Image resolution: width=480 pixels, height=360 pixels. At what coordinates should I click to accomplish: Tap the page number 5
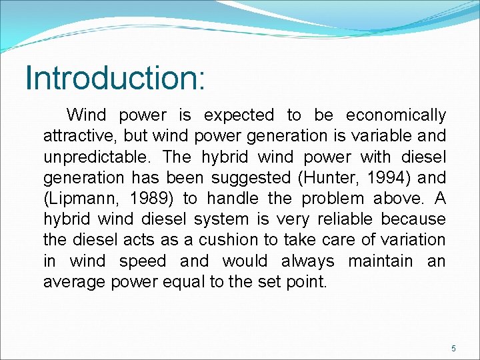click(453, 349)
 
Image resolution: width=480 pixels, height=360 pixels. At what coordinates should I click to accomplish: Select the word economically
click(396, 115)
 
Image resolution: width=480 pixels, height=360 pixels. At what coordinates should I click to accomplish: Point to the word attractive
click(79, 136)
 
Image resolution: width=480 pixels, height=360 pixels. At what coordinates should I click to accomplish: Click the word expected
click(238, 115)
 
